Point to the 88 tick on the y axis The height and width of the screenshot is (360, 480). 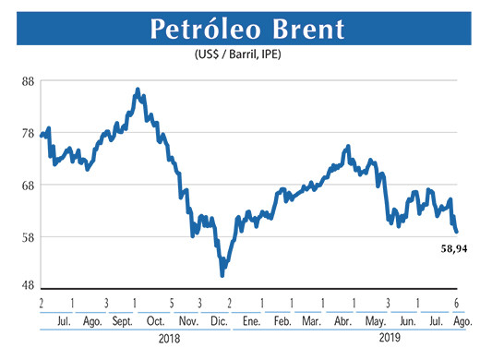pyautogui.click(x=28, y=81)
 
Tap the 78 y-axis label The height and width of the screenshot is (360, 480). pyautogui.click(x=28, y=133)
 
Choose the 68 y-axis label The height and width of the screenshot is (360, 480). pyautogui.click(x=28, y=185)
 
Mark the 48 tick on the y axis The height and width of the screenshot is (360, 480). pyautogui.click(x=28, y=285)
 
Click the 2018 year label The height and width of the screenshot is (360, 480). pyautogui.click(x=170, y=339)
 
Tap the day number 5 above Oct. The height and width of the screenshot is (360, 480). pyautogui.click(x=172, y=304)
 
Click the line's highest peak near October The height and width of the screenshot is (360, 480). pyautogui.click(x=138, y=90)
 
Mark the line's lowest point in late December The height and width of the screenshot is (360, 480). pyautogui.click(x=222, y=275)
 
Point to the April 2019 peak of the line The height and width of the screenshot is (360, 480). pyautogui.click(x=347, y=146)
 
